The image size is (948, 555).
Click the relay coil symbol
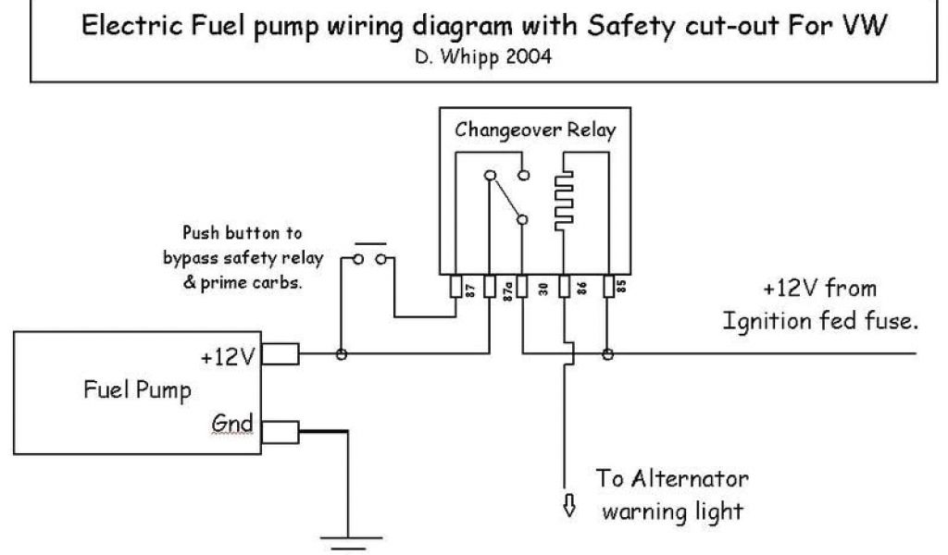coord(562,197)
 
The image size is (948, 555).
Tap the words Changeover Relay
coord(533,130)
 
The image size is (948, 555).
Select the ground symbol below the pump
coord(347,538)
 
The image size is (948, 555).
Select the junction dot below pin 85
coord(607,353)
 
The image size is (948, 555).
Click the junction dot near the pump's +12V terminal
coord(341,353)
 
